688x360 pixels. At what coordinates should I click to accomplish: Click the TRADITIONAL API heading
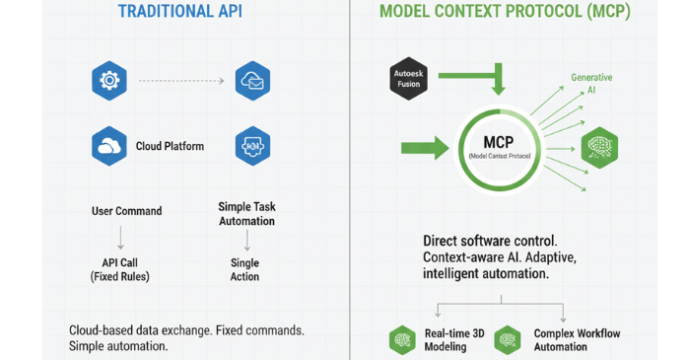click(x=179, y=13)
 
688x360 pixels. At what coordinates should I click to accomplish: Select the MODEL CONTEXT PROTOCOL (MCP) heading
click(x=505, y=13)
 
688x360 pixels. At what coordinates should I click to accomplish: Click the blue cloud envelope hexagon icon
click(x=252, y=80)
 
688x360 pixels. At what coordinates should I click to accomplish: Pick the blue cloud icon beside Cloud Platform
click(x=107, y=146)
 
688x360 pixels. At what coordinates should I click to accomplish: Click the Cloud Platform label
click(x=170, y=146)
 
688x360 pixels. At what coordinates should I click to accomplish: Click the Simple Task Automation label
click(x=245, y=214)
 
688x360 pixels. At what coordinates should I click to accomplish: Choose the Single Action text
click(x=244, y=269)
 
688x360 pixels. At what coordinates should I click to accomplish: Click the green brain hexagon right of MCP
click(x=600, y=146)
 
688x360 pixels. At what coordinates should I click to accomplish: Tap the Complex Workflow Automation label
click(x=577, y=340)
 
